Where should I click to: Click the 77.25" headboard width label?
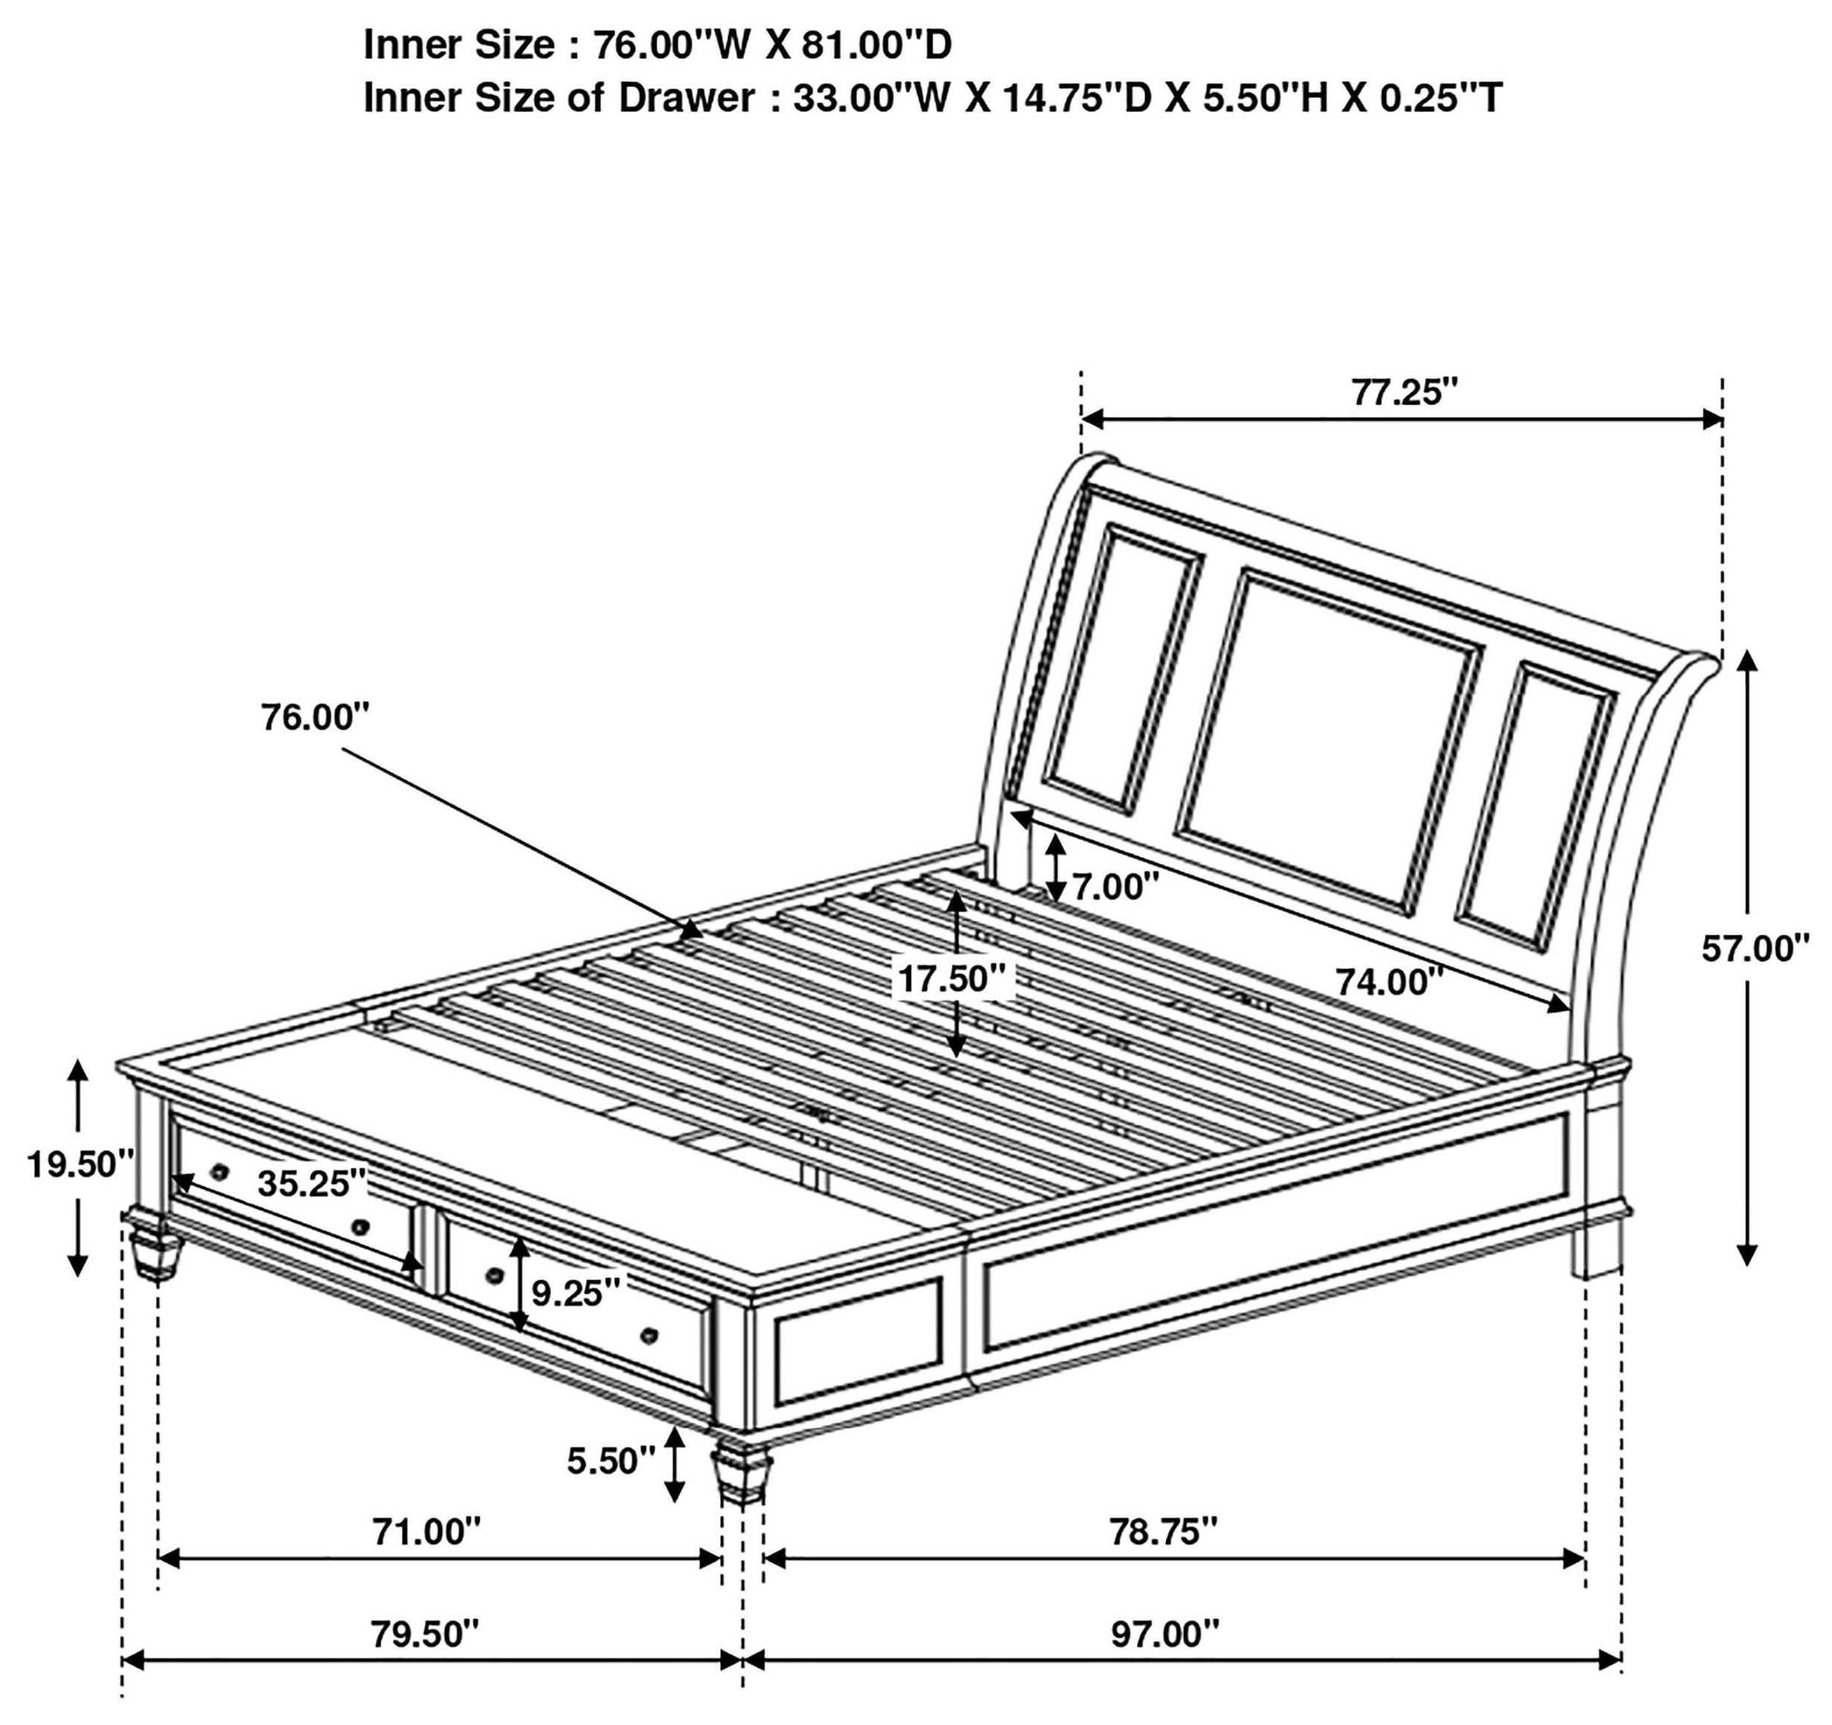tap(1404, 393)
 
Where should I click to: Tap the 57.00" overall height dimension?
tap(1755, 948)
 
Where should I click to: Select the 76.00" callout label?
tap(315, 717)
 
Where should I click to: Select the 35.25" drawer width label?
tap(311, 1184)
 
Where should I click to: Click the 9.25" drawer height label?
tap(576, 1294)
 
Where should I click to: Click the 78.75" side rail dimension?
tap(1163, 1531)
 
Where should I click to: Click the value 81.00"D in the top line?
tap(876, 44)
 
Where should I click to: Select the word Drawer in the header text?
tap(687, 97)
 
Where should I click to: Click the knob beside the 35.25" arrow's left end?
tap(219, 1171)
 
